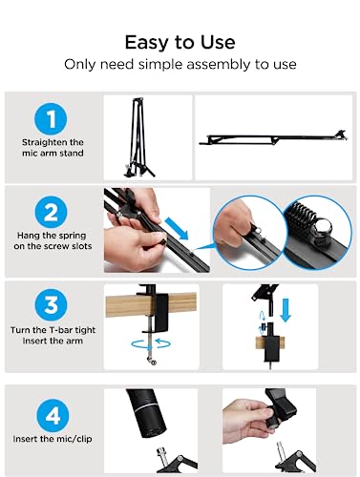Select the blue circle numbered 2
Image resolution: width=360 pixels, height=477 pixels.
pyautogui.click(x=51, y=212)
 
